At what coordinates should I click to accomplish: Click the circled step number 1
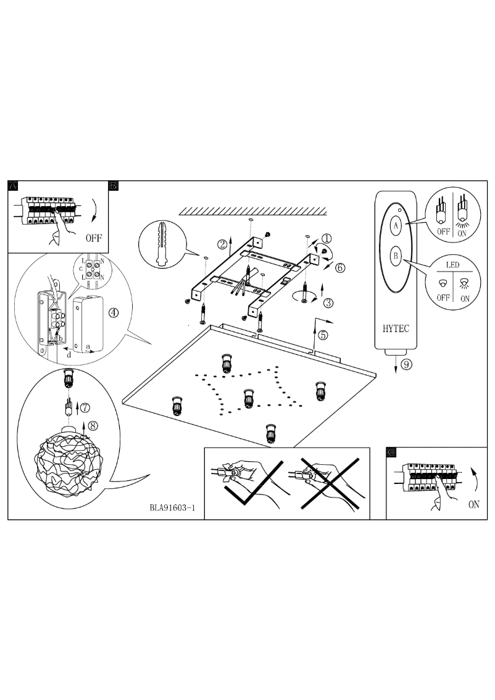point(327,238)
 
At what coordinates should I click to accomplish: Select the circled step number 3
point(328,302)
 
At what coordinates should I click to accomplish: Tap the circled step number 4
point(114,312)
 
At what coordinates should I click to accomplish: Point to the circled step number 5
point(323,336)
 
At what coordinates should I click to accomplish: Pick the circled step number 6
point(340,267)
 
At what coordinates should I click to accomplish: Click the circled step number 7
point(85,407)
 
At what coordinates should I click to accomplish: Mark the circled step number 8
point(93,425)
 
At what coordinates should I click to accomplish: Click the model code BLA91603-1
point(172,509)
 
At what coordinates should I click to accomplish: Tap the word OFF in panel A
point(94,237)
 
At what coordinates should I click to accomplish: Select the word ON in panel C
point(473,504)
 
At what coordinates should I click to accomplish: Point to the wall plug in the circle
point(162,244)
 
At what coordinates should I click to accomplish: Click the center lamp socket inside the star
point(248,398)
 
